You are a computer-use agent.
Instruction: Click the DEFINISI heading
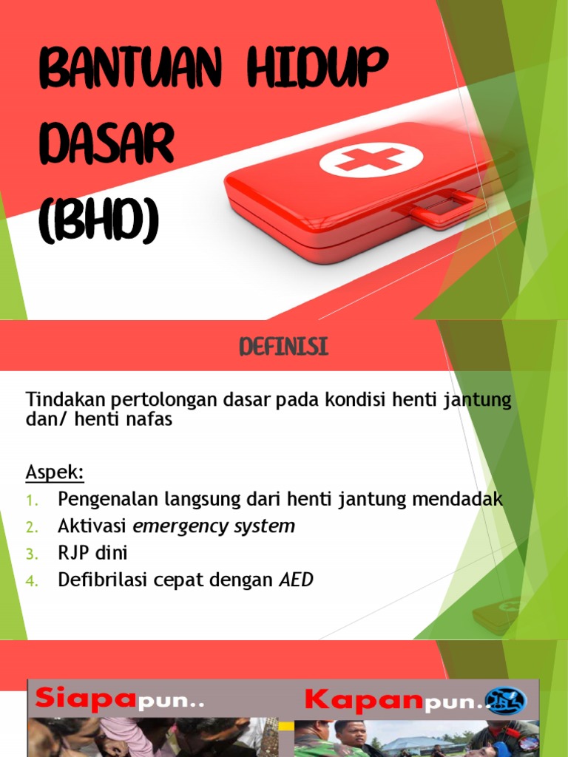click(283, 347)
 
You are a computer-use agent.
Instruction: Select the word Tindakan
click(66, 400)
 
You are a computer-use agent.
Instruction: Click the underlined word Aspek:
click(55, 472)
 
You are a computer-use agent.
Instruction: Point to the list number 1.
click(31, 500)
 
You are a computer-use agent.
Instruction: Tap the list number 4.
click(31, 582)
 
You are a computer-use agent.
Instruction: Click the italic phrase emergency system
click(214, 526)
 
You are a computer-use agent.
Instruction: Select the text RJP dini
click(93, 554)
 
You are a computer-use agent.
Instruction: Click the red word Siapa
click(86, 697)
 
